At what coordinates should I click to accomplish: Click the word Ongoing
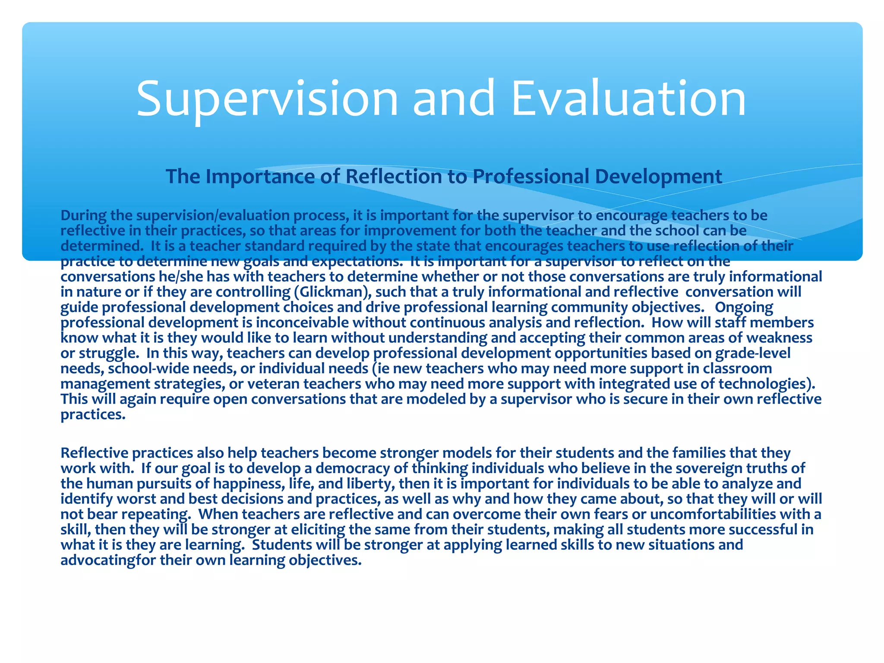click(x=744, y=307)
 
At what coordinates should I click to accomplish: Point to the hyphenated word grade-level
click(x=753, y=354)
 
